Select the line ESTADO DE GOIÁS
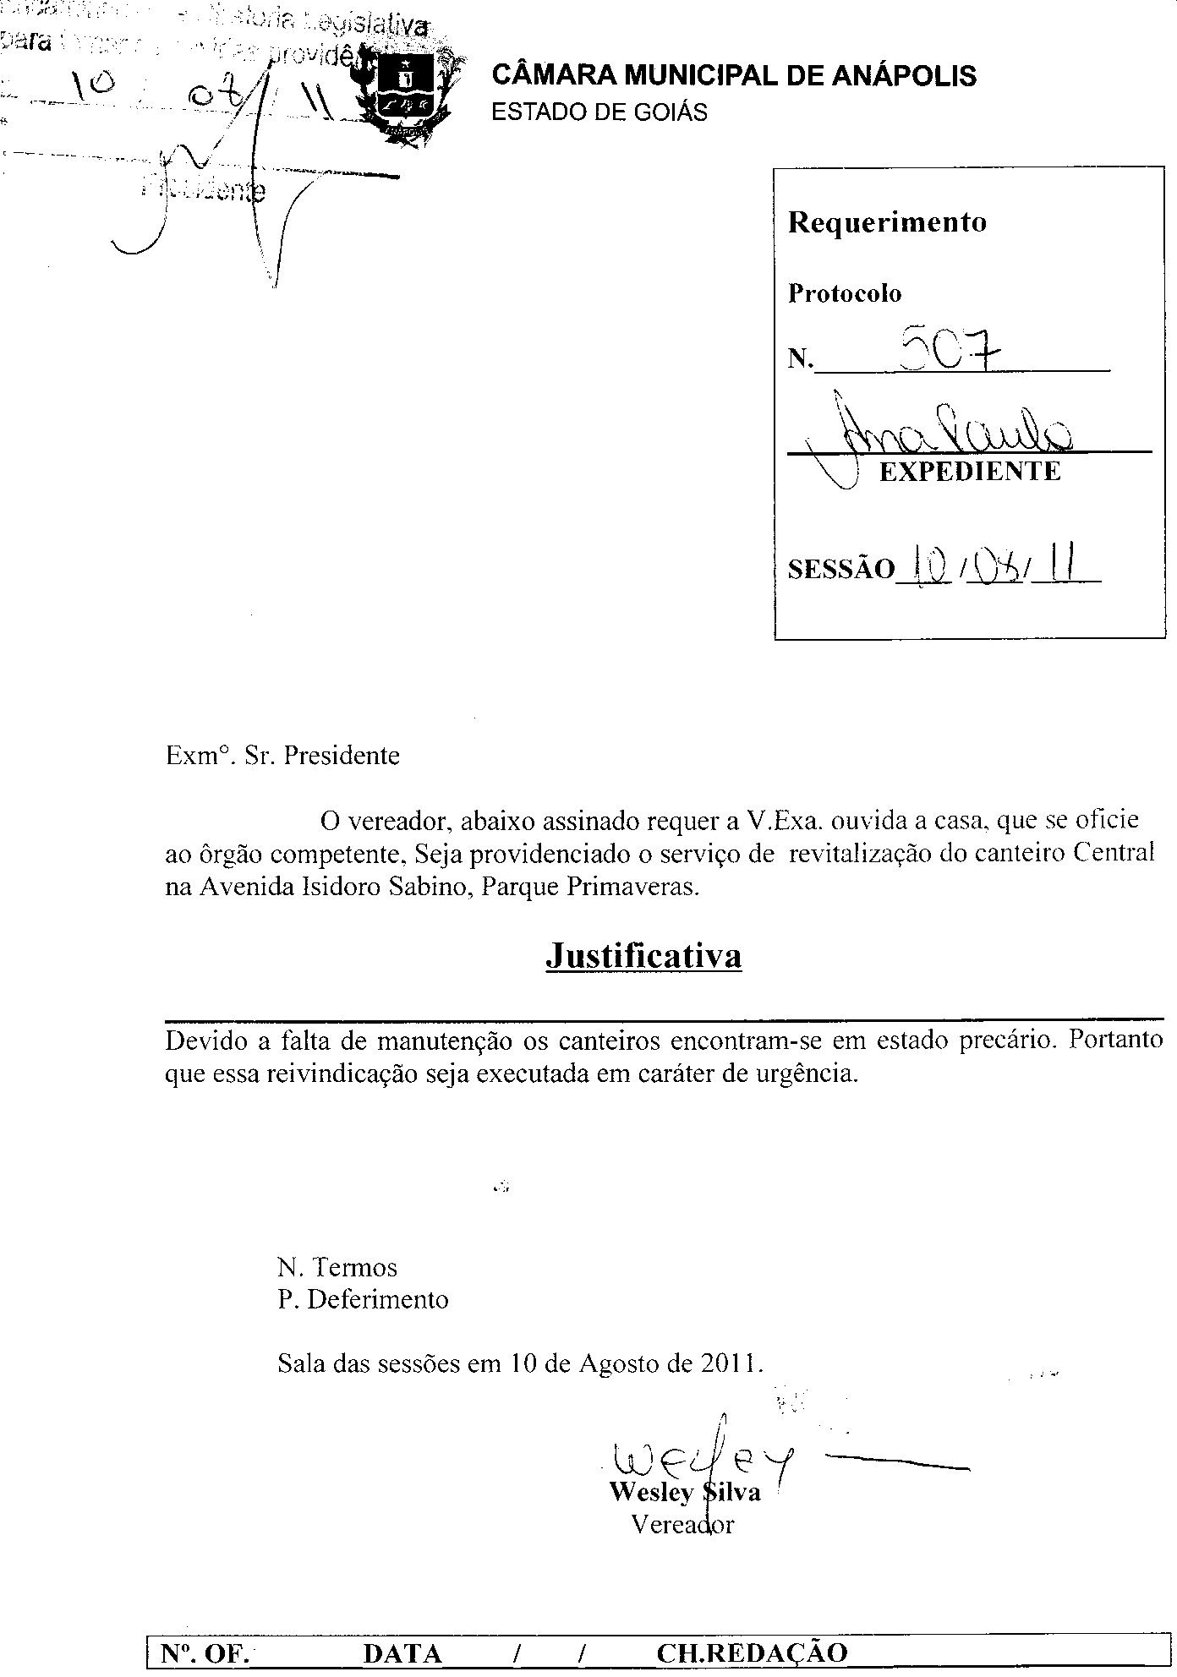[x=599, y=112]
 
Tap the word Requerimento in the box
[x=887, y=222]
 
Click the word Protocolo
[x=845, y=293]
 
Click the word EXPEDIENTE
[x=970, y=471]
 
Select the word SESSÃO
[x=840, y=570]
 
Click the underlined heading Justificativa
[x=643, y=956]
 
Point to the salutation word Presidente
[x=341, y=755]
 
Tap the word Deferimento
[x=377, y=1298]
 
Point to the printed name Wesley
[x=650, y=1492]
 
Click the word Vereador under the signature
[x=682, y=1524]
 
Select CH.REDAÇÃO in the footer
[x=751, y=1652]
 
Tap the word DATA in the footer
[x=402, y=1652]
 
